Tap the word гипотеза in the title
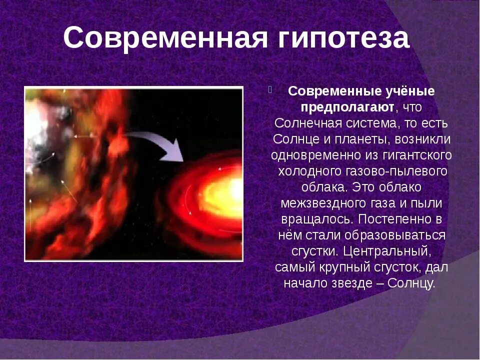[x=343, y=38]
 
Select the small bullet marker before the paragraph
[x=270, y=90]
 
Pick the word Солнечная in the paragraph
[x=308, y=123]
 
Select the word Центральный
[x=387, y=251]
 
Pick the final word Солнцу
[x=411, y=283]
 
